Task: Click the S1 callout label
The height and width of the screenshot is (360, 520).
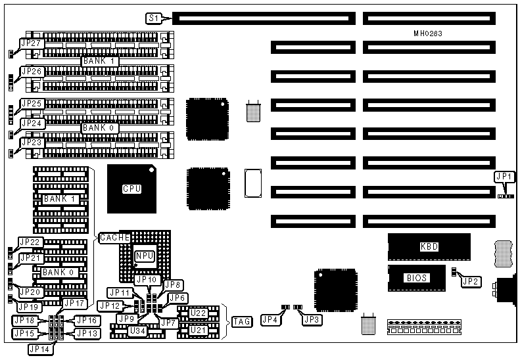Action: click(x=154, y=18)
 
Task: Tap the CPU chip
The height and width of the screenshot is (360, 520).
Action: click(x=131, y=189)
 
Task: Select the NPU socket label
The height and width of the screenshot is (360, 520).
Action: click(x=143, y=256)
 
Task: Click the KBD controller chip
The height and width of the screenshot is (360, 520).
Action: click(x=429, y=247)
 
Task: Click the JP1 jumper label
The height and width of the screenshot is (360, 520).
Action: click(x=503, y=177)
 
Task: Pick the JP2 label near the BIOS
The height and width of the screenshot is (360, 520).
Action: click(x=470, y=282)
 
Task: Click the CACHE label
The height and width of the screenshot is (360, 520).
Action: click(x=110, y=236)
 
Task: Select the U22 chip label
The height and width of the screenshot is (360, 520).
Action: click(x=199, y=314)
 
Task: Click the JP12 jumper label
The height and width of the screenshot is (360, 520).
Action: click(x=108, y=305)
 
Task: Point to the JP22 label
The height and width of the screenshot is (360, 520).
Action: click(x=31, y=242)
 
